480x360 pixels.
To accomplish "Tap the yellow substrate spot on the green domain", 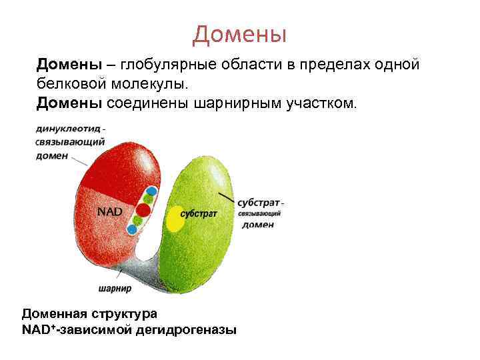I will click(174, 218).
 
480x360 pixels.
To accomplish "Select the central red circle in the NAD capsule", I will click(143, 209).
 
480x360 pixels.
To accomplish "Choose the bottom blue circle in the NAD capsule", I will click(132, 229).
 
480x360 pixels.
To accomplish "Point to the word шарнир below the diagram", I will click(115, 289).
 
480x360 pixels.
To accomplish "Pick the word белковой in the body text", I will click(67, 84).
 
